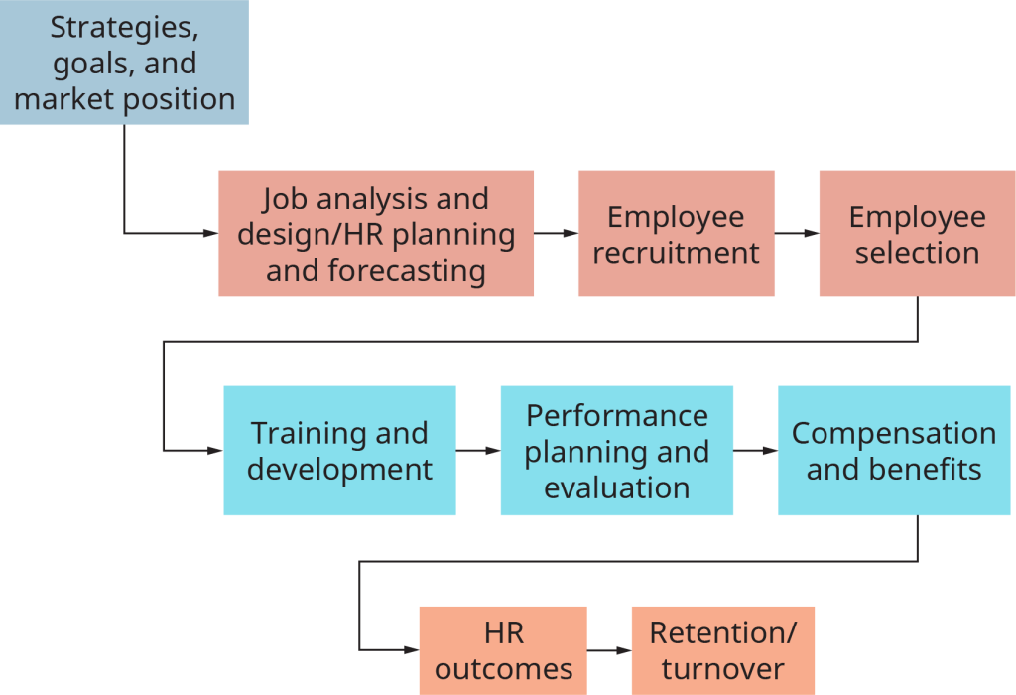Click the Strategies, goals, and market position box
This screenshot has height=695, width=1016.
click(x=124, y=63)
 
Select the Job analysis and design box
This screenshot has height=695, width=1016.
click(x=375, y=233)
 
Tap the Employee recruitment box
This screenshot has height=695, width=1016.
click(x=676, y=233)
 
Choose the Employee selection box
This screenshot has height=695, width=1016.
click(x=917, y=233)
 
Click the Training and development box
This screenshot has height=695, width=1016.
click(x=339, y=451)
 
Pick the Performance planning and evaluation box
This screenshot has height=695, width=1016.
click(x=616, y=451)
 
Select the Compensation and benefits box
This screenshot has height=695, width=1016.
click(x=894, y=451)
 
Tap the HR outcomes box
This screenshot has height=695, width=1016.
click(x=502, y=650)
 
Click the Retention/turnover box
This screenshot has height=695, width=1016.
click(x=722, y=650)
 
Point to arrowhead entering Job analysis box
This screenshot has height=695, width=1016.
click(x=211, y=233)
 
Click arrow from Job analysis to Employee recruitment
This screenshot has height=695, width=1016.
click(x=556, y=233)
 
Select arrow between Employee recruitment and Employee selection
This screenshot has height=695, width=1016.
click(x=797, y=233)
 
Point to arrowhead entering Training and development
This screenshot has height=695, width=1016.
click(x=216, y=451)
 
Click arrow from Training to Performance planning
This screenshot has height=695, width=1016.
click(x=478, y=451)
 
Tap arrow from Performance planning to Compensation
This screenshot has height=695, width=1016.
click(x=756, y=451)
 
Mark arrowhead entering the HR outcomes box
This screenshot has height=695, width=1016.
click(x=413, y=650)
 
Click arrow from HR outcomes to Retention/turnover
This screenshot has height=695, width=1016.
click(x=609, y=650)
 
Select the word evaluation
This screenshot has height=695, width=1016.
click(x=616, y=487)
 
